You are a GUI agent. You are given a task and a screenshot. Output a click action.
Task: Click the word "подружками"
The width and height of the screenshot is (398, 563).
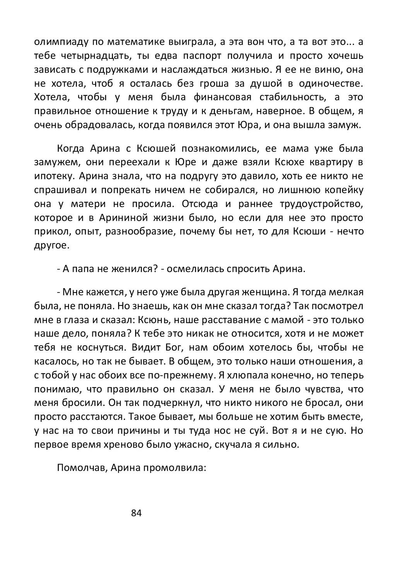tap(120, 70)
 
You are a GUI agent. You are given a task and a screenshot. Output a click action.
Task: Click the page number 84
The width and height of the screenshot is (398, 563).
tap(137, 513)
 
